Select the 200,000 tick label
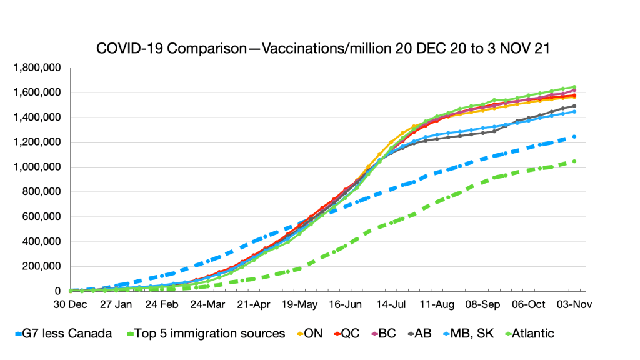pyautogui.click(x=44, y=266)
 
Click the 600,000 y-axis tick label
pyautogui.click(x=44, y=217)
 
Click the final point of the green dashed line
pyautogui.click(x=574, y=161)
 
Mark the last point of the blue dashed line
pyautogui.click(x=574, y=136)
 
